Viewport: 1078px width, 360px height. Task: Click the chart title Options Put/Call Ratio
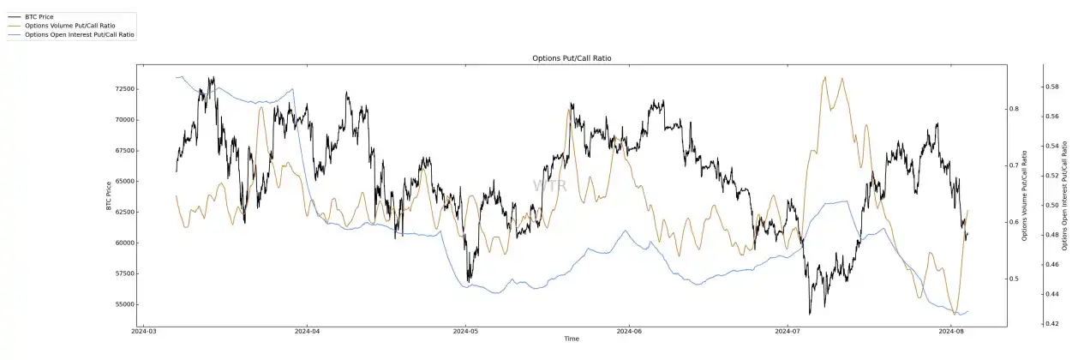click(572, 58)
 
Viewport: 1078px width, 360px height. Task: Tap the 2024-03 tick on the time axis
click(142, 331)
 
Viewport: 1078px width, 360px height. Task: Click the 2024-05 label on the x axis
click(465, 331)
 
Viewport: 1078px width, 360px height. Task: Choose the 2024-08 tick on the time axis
click(952, 331)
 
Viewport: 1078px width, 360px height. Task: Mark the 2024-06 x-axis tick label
click(629, 331)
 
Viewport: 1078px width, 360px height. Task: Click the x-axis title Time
click(572, 339)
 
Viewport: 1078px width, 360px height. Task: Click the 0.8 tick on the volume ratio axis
click(1013, 109)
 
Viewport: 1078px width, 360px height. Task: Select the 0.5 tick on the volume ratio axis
click(1013, 279)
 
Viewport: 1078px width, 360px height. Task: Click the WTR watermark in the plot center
click(545, 185)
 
